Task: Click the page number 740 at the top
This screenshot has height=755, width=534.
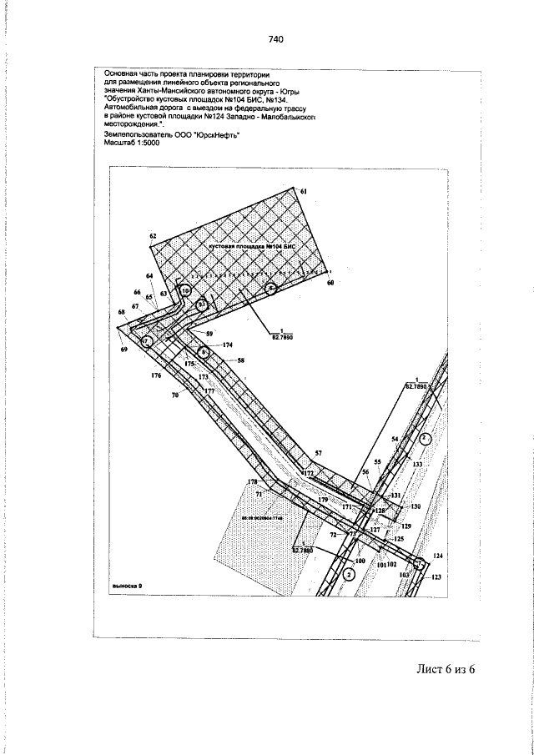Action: coord(276,39)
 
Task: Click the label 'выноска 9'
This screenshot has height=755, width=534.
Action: coord(127,586)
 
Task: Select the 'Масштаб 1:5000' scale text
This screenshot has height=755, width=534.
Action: coord(130,143)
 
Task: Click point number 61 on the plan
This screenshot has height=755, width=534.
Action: coord(305,192)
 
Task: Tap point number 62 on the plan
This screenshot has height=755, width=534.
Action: coord(154,237)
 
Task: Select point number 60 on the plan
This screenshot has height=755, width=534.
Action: coord(330,284)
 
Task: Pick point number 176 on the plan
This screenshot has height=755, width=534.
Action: coord(155,376)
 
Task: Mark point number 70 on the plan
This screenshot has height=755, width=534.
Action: coord(175,395)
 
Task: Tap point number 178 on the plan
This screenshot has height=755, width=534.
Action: coord(253,482)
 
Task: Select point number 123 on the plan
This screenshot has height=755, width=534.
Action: coord(436,576)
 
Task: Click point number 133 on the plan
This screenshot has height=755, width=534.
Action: coord(417,464)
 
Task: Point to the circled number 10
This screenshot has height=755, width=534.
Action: coord(186,291)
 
